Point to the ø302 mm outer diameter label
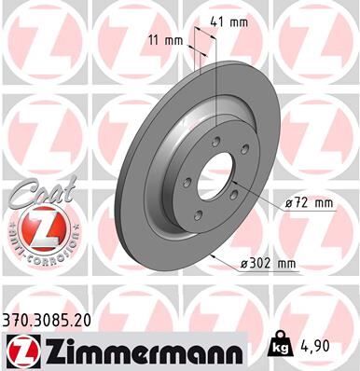click(x=269, y=264)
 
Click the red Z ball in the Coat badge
click(x=39, y=227)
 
